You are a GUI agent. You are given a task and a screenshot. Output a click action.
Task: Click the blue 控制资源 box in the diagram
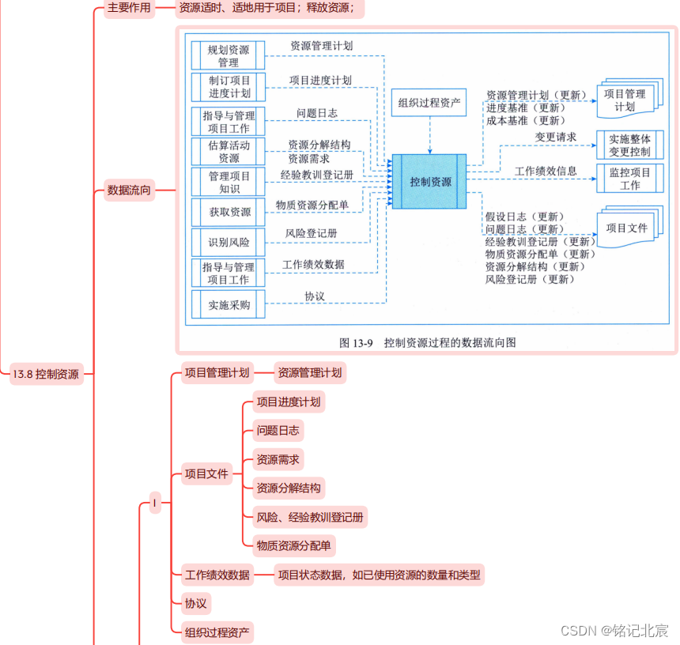pyautogui.click(x=430, y=181)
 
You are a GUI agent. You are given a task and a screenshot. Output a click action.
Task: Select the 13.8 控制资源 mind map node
pyautogui.click(x=47, y=375)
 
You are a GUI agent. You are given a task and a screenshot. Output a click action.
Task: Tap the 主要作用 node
pyautogui.click(x=128, y=9)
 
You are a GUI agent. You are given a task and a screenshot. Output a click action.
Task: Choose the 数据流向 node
pyautogui.click(x=129, y=190)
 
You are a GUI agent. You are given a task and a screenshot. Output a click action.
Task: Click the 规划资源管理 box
pyautogui.click(x=229, y=56)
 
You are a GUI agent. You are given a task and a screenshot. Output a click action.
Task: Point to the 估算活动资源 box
pyautogui.click(x=229, y=152)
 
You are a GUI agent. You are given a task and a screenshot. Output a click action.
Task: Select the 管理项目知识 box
pyautogui.click(x=229, y=182)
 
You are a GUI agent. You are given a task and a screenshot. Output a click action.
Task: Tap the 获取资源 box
pyautogui.click(x=229, y=212)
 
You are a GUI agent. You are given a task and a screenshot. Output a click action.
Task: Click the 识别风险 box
pyautogui.click(x=229, y=242)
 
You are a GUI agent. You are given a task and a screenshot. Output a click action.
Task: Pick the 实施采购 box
pyautogui.click(x=229, y=305)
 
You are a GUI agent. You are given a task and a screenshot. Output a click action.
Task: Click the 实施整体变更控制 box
pyautogui.click(x=629, y=145)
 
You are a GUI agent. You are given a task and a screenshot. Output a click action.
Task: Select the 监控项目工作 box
pyautogui.click(x=629, y=179)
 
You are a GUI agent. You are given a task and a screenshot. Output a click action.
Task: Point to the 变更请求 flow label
pyautogui.click(x=556, y=137)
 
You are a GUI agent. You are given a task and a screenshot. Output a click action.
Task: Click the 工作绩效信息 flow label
pyautogui.click(x=546, y=171)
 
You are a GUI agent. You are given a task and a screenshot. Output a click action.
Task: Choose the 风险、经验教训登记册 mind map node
pyautogui.click(x=310, y=517)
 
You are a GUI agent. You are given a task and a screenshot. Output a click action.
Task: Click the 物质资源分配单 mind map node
pyautogui.click(x=293, y=545)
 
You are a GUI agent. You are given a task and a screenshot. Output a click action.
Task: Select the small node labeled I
pyautogui.click(x=155, y=503)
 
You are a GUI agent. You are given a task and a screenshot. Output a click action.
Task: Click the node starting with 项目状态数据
pyautogui.click(x=379, y=575)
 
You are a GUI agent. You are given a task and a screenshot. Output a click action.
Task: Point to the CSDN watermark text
pyautogui.click(x=614, y=630)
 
